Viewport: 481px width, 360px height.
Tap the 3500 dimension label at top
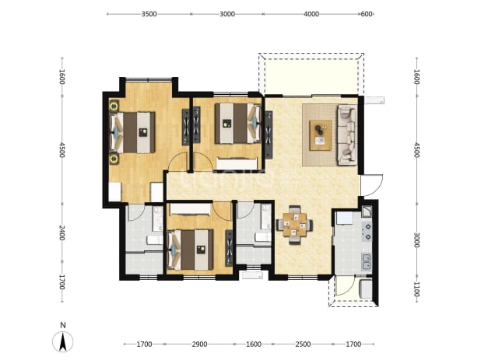coord(149,14)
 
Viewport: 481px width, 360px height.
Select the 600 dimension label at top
coord(367,14)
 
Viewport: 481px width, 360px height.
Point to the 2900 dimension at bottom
coord(199,344)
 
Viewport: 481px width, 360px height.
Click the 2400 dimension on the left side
coord(62,233)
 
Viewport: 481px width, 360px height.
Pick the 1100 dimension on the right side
coord(416,290)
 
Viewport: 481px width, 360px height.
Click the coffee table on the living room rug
coord(320,135)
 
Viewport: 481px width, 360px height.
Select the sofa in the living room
coord(347,135)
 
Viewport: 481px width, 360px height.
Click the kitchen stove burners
coord(367,232)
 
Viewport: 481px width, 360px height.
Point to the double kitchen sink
coord(367,262)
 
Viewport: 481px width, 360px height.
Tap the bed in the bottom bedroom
coord(190,250)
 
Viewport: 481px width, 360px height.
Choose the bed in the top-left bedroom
coord(132,132)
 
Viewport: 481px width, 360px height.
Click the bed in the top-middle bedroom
coord(237,124)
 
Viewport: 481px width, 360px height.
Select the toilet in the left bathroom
coord(155,240)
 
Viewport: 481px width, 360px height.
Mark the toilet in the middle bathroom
coord(263,237)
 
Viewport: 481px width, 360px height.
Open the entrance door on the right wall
coord(372,185)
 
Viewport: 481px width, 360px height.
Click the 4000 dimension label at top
coord(311,14)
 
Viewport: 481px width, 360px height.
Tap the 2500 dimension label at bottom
coord(303,344)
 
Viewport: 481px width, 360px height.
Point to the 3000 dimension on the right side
coord(416,240)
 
